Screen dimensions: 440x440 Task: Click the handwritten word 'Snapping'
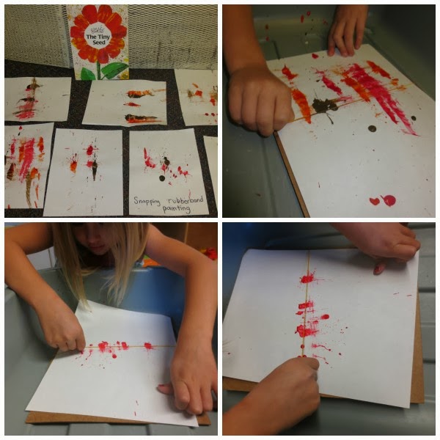coord(147,201)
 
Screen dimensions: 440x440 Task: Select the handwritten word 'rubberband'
coord(186,199)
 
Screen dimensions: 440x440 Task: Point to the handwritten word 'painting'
coord(176,208)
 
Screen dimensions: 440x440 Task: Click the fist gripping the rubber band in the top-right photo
coord(260,100)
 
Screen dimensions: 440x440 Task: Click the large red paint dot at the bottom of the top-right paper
coord(389,201)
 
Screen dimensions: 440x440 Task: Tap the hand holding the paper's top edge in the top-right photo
coord(347,31)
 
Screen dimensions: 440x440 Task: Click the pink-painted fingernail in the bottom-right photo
coord(378,270)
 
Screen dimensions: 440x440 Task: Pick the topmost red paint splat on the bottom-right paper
coord(307,279)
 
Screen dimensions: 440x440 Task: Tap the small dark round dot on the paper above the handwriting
coord(162,178)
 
